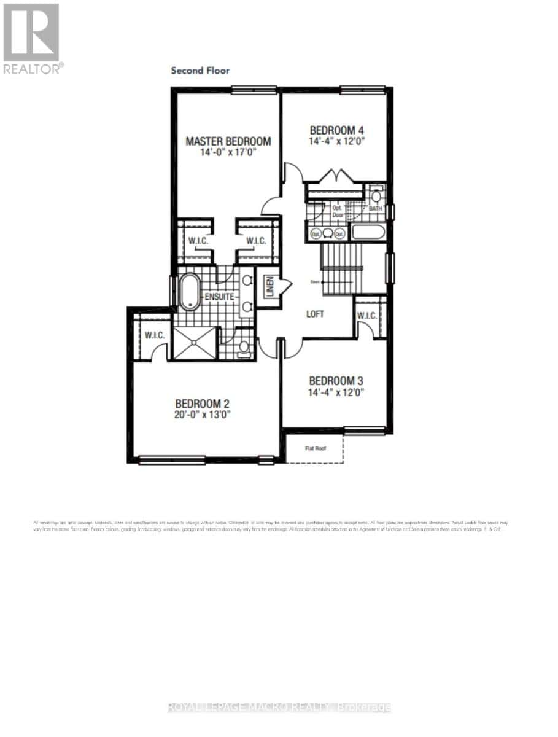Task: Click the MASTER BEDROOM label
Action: (228, 141)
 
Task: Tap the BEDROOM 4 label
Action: (336, 130)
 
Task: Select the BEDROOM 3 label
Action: (336, 380)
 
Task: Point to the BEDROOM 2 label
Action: (202, 404)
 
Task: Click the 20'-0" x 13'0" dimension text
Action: (202, 415)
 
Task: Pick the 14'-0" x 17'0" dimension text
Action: (228, 153)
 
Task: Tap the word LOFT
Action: (315, 314)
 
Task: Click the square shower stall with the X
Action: (195, 342)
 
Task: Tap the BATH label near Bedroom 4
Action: (375, 209)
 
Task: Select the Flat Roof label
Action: (316, 448)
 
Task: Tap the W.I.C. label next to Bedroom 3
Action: (367, 316)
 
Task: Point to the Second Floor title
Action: (200, 71)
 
